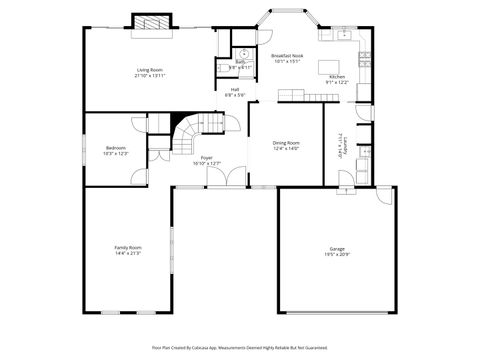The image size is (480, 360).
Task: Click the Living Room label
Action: pos(151,69)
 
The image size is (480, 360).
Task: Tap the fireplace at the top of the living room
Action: pos(150,23)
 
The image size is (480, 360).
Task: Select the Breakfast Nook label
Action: pos(288,56)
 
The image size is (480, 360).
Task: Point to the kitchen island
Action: pos(330,67)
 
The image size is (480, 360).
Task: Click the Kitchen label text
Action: pos(337,76)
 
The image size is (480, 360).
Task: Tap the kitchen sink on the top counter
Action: pos(342,35)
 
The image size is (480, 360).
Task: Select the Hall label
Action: pos(235,89)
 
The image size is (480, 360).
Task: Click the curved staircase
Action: pos(192,135)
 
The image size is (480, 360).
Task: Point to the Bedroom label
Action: pos(115,148)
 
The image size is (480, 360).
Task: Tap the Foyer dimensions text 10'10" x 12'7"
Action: pos(206,163)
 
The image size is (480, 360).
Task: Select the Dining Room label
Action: pos(286,142)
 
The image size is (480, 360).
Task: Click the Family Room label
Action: pos(128,247)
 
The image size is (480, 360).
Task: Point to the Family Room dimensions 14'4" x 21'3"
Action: pos(128,253)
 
